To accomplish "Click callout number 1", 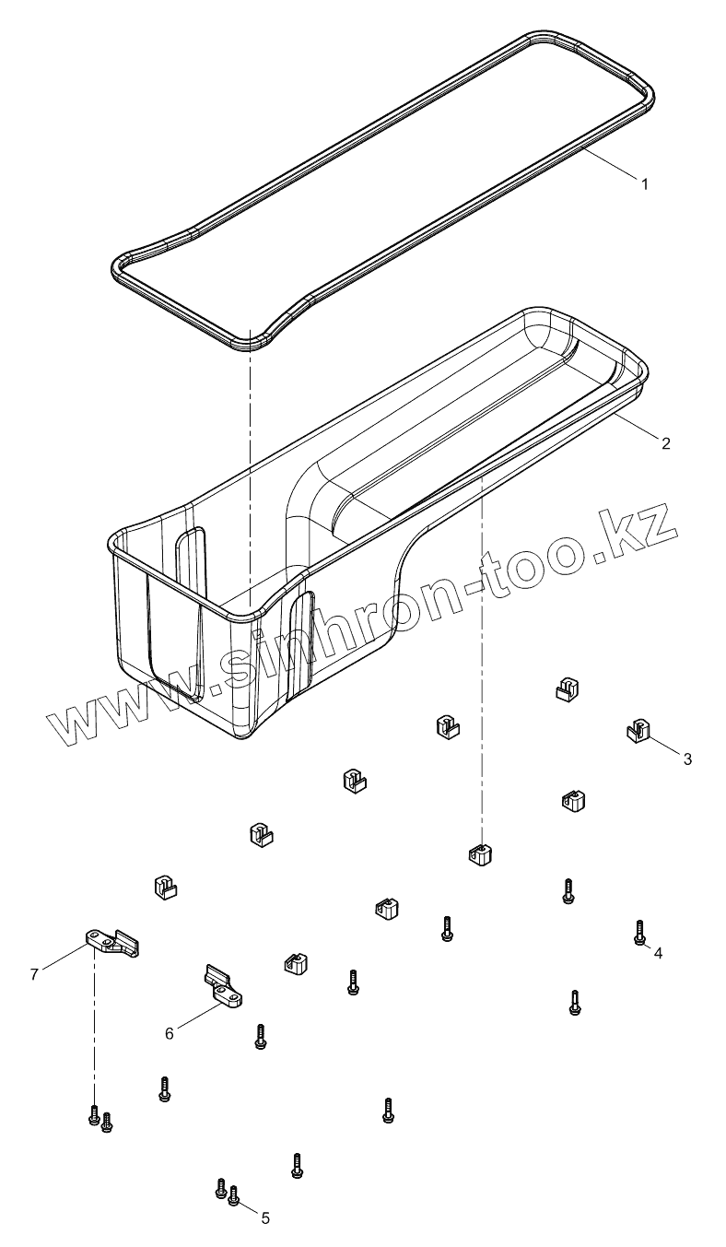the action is [x=645, y=183].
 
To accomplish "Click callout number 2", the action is [x=665, y=442].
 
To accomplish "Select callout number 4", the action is [x=658, y=953].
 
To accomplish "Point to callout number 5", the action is [x=265, y=1218].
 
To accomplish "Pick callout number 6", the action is [x=169, y=1033].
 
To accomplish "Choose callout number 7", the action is [x=34, y=973].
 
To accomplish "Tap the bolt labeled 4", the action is [x=638, y=932].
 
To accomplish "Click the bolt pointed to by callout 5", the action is [x=233, y=1196].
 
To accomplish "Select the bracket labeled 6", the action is [x=224, y=987].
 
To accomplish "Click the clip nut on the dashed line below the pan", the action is [x=478, y=854].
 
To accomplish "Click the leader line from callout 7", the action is [x=64, y=958].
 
